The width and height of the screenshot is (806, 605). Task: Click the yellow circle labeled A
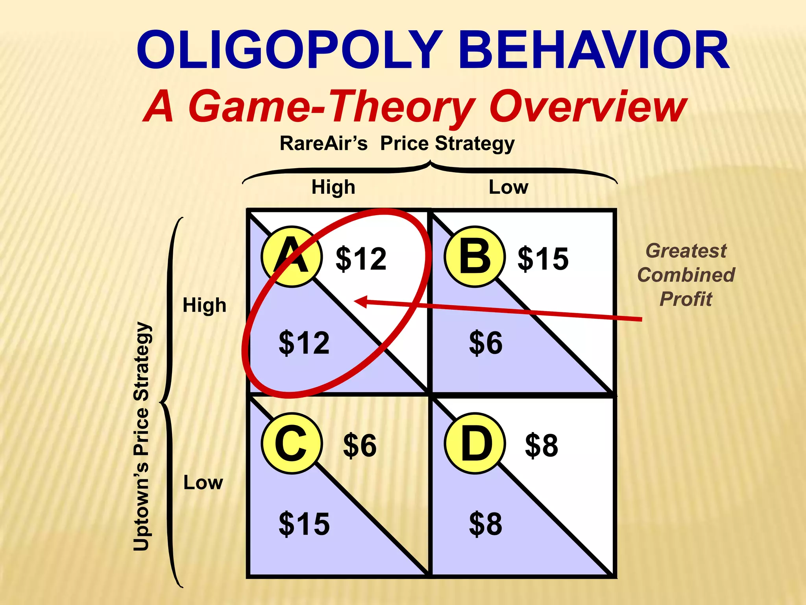point(292,257)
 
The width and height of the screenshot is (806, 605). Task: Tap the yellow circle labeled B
point(475,257)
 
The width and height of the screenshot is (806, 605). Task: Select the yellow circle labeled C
point(292,444)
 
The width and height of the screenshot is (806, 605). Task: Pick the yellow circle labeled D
point(475,444)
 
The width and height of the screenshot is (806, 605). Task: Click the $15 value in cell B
point(543,259)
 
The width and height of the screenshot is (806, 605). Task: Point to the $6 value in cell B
point(486,343)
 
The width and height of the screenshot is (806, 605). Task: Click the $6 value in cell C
point(360,445)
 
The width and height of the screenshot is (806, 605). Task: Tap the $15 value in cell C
point(304,524)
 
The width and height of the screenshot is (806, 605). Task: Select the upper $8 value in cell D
point(542,445)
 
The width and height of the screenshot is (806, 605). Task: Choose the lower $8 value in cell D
point(486,524)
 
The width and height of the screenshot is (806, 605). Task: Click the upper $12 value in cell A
point(361,259)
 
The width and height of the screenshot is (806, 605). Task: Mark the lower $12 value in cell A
point(304,343)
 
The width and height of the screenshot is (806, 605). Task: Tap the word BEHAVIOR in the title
point(594,50)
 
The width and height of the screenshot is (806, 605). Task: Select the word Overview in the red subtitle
point(588,106)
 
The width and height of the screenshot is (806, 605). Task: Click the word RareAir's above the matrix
point(324,143)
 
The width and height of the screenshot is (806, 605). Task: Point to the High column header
point(333,187)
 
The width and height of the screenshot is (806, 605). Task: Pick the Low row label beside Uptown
point(203,483)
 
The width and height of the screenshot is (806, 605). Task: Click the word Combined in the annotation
point(686,275)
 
